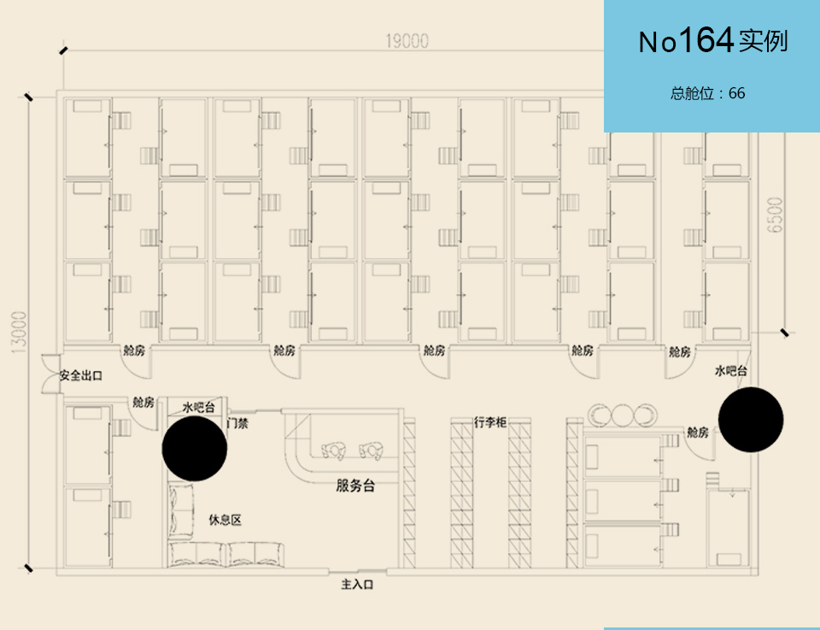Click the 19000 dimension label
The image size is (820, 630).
(407, 41)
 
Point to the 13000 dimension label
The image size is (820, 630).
(20, 331)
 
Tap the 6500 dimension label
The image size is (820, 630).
(775, 215)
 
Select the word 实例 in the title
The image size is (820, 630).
(764, 41)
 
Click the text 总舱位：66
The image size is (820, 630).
(708, 93)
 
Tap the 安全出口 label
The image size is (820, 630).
(81, 375)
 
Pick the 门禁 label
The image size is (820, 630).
(237, 421)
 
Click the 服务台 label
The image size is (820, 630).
(355, 486)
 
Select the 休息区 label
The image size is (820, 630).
(225, 520)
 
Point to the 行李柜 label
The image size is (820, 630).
(491, 421)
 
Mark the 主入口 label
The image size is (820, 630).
(358, 586)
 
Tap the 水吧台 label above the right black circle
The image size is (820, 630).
(731, 371)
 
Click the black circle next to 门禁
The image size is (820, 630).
(195, 448)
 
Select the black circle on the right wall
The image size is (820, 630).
(751, 420)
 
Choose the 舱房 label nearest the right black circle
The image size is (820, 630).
(698, 433)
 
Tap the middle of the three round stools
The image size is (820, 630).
(622, 415)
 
